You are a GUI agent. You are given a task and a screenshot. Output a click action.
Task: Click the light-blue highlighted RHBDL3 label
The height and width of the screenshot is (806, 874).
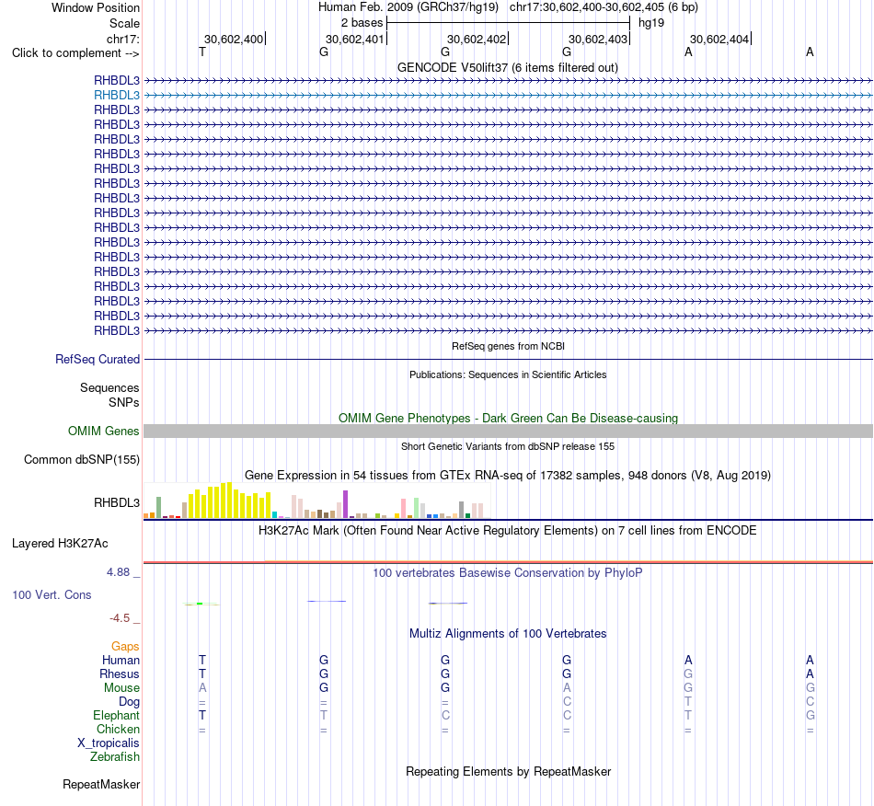pos(117,96)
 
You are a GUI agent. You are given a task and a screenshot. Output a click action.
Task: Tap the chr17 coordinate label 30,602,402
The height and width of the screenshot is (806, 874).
pos(477,39)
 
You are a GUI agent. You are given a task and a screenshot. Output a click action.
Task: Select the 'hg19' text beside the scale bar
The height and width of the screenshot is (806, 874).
pos(651,23)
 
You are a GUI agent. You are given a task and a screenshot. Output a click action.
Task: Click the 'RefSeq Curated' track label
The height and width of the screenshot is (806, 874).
pos(98,360)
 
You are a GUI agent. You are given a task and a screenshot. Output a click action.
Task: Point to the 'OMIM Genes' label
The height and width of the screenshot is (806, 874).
pos(104,431)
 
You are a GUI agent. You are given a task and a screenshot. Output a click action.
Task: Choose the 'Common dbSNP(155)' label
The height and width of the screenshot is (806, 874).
pos(82,460)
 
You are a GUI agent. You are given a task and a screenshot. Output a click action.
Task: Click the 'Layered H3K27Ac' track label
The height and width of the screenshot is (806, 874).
pos(60,544)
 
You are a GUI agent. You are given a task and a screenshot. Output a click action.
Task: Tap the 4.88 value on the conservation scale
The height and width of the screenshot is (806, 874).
pos(118,572)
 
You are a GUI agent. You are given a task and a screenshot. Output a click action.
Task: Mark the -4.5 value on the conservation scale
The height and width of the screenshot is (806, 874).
pos(120,618)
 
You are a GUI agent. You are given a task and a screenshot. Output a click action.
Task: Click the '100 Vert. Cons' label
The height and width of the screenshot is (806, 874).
pos(52,594)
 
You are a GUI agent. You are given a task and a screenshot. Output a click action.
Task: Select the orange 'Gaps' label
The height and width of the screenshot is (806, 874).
pos(125,647)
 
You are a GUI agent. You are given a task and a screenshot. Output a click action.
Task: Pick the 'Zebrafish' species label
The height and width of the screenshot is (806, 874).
pos(115,757)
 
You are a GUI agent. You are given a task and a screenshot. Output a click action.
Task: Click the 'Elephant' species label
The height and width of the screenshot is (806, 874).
pos(117,715)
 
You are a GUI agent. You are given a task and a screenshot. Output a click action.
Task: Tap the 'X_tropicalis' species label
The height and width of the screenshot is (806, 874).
pos(109,743)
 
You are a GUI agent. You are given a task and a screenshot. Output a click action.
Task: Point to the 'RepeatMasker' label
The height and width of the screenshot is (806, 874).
pos(101,785)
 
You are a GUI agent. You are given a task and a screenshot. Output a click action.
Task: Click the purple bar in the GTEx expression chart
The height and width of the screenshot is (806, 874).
pos(346,504)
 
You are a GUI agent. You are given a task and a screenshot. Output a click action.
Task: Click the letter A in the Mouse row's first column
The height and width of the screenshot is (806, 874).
pos(202,688)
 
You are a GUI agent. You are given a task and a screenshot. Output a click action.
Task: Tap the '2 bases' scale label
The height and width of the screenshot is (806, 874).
pos(362,23)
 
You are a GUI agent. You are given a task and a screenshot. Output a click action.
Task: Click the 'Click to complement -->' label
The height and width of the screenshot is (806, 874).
pos(75,53)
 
